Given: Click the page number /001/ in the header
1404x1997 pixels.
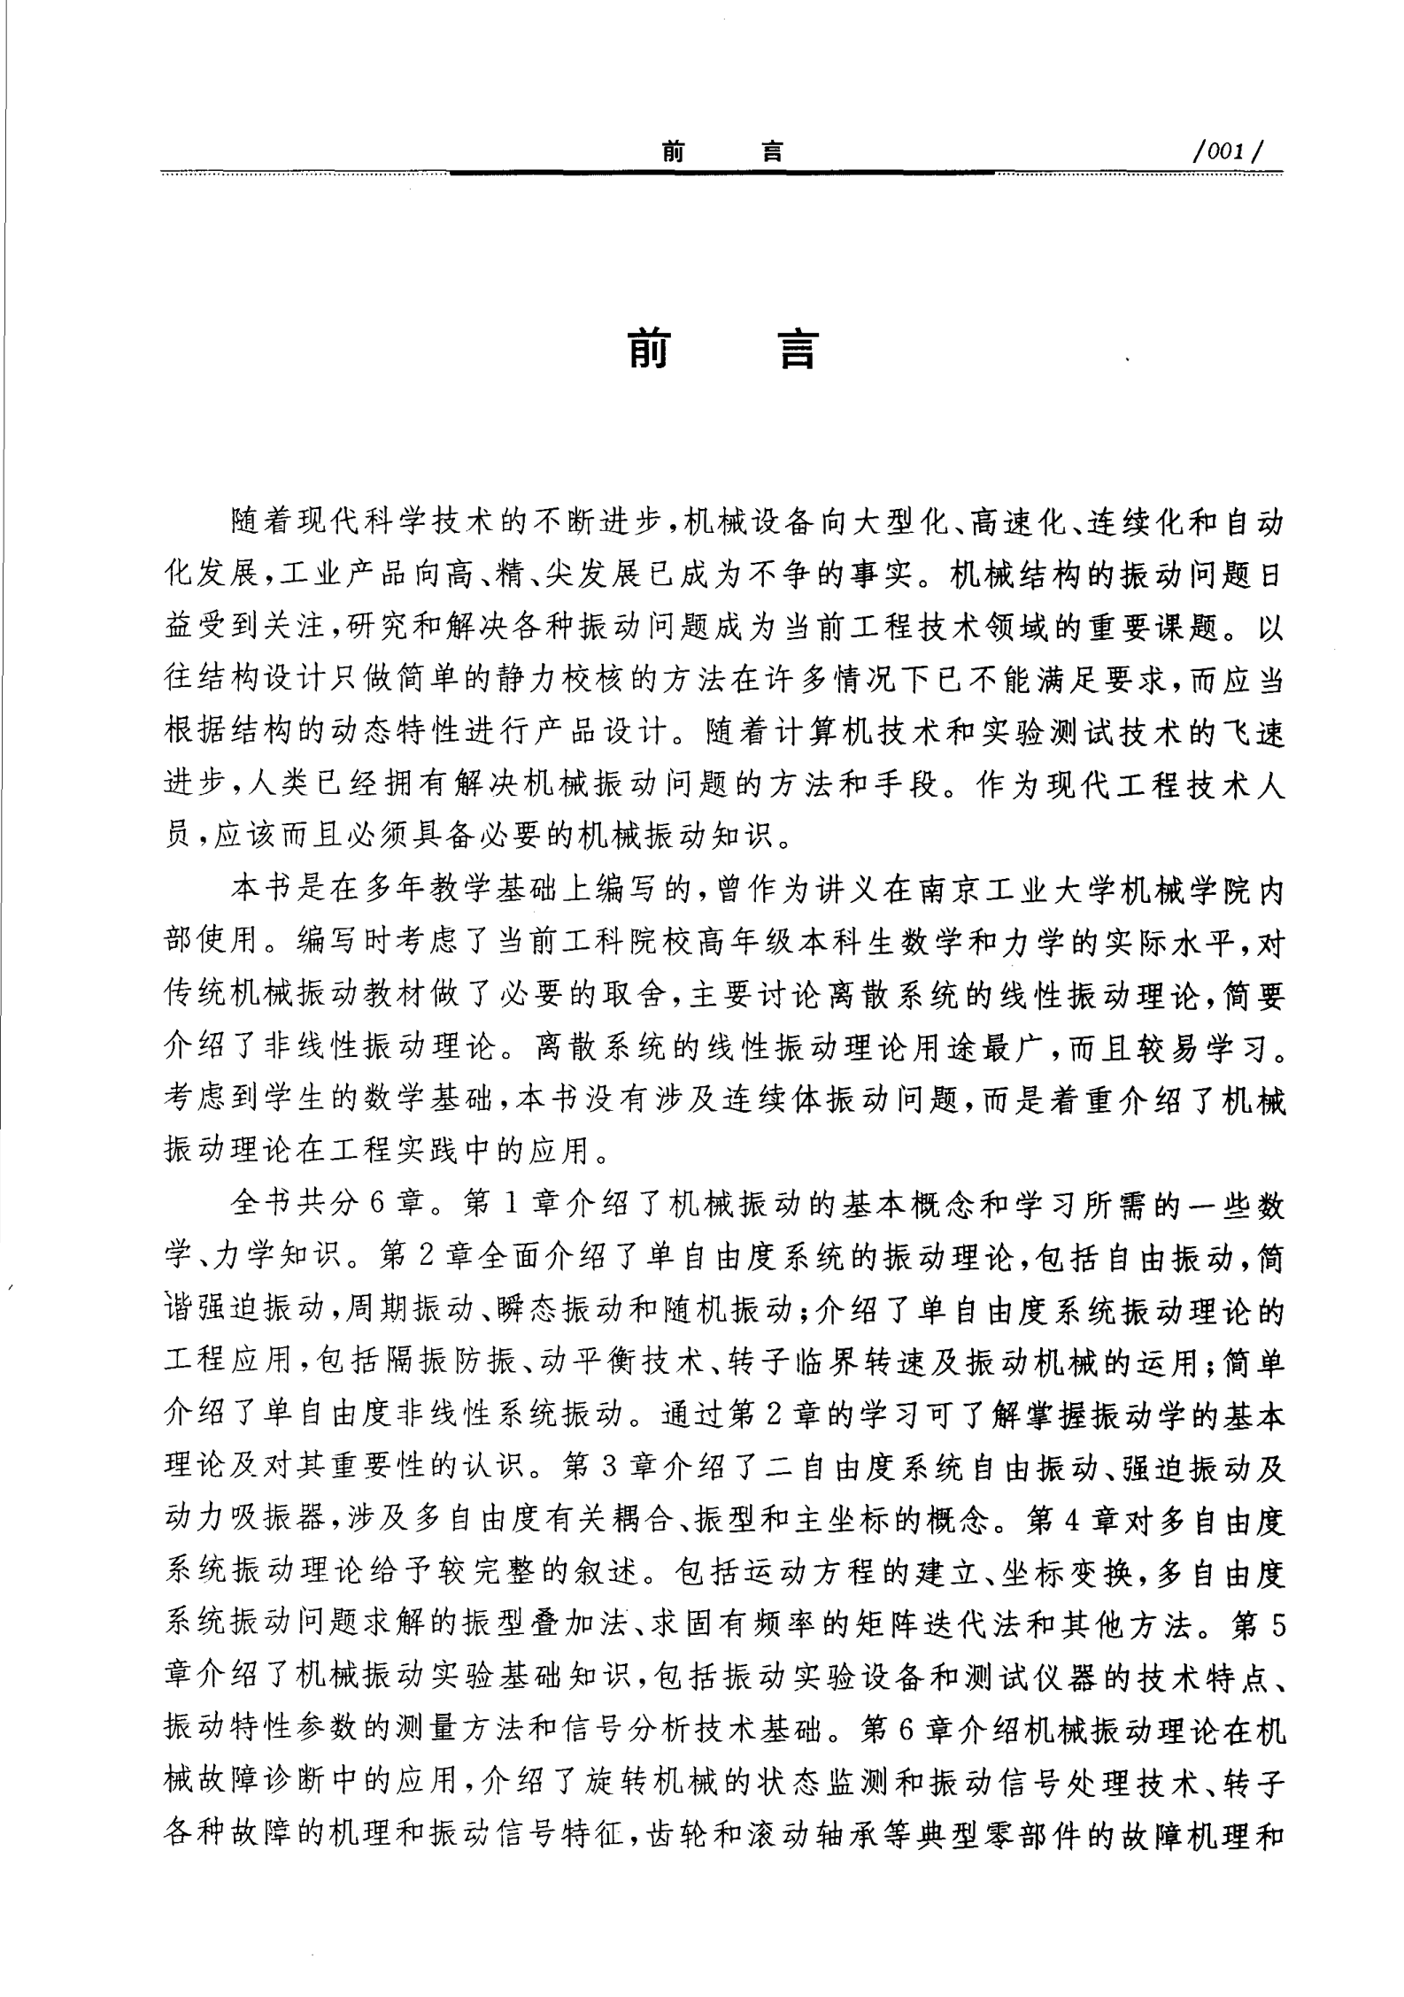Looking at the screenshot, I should [x=1225, y=152].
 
